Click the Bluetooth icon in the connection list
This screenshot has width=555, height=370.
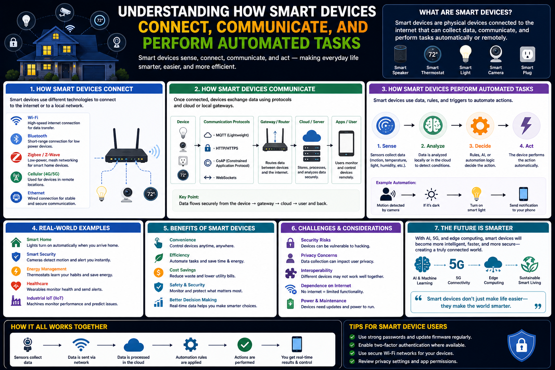[x=16, y=139]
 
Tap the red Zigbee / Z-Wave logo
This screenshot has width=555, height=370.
[x=16, y=158]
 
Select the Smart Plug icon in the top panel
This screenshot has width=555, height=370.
[x=527, y=54]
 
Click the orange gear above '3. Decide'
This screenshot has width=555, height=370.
[x=480, y=126]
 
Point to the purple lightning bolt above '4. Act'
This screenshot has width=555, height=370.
[x=526, y=125]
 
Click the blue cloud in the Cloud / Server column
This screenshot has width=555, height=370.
[x=312, y=136]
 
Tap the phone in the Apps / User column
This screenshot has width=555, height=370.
[x=346, y=143]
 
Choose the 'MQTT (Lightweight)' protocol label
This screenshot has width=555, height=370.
[x=232, y=135]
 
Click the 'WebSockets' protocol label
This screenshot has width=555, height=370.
[x=226, y=178]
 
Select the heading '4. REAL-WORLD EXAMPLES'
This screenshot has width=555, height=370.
[x=71, y=228]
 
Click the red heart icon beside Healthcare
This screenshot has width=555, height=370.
[x=16, y=286]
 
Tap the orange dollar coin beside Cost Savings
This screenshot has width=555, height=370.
[x=159, y=272]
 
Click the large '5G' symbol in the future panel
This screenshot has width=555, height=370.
[x=456, y=264]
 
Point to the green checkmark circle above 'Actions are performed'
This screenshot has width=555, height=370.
[x=245, y=345]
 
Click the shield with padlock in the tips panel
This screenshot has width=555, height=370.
[x=521, y=345]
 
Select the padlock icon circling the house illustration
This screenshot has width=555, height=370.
[x=13, y=43]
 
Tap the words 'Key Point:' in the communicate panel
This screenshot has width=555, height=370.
[x=189, y=197]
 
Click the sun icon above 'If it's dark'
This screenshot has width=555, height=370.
[x=431, y=194]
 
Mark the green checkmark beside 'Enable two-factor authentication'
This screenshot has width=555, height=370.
[x=352, y=345]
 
